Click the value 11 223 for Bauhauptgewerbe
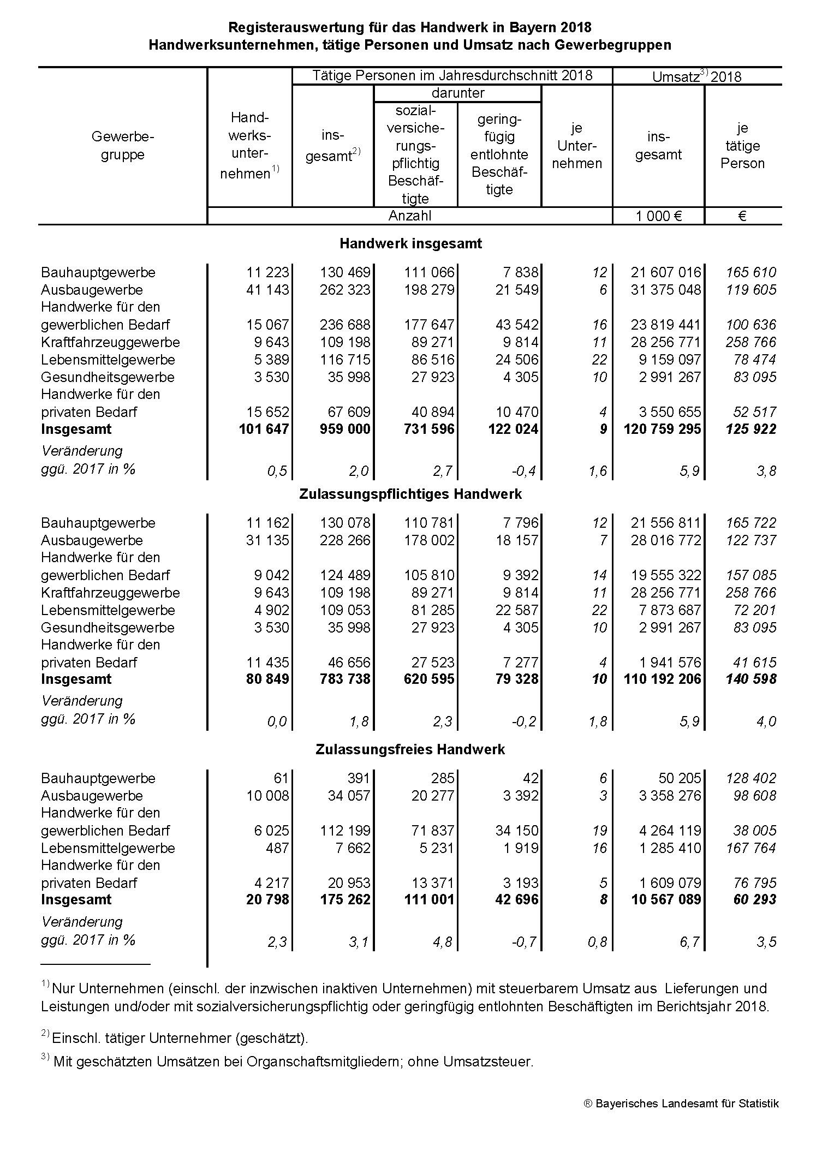(267, 272)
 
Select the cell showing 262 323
(345, 290)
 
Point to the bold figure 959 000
(345, 430)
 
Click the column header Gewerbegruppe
(123, 145)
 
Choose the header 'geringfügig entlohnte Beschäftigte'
(499, 154)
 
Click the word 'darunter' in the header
(457, 93)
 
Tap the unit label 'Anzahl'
(409, 216)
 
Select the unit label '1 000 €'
(658, 216)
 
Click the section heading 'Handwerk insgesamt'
(410, 243)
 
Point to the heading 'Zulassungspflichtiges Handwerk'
(410, 494)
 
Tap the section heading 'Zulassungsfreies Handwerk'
(410, 749)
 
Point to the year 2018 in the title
(576, 27)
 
